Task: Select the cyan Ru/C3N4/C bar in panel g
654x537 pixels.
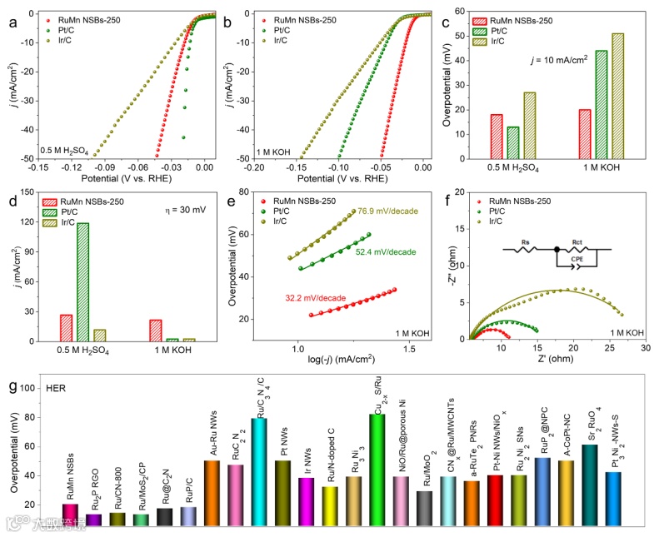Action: pyautogui.click(x=259, y=471)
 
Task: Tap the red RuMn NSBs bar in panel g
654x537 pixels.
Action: pyautogui.click(x=71, y=515)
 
